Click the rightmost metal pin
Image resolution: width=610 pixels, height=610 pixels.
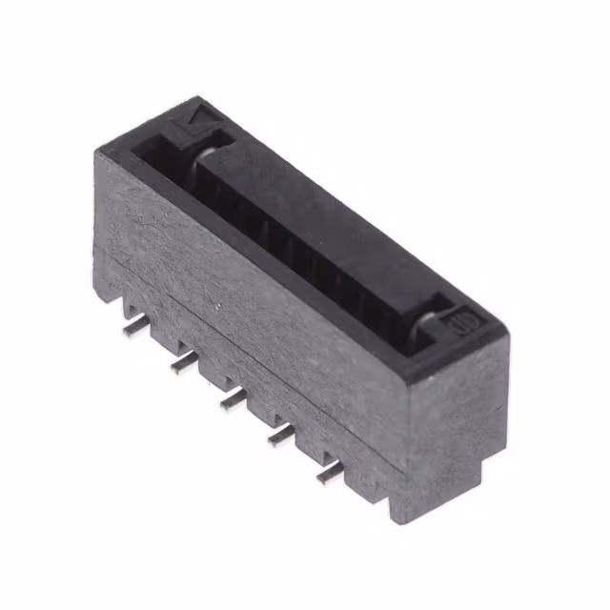coord(330,473)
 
